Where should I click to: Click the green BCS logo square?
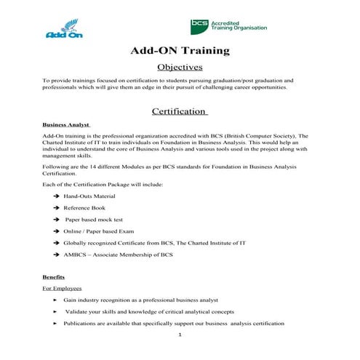pyautogui.click(x=199, y=25)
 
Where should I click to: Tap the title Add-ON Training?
pyautogui.click(x=180, y=51)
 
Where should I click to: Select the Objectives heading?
pyautogui.click(x=180, y=68)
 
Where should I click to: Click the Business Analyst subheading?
pyautogui.click(x=66, y=124)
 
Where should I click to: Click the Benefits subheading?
pyautogui.click(x=55, y=277)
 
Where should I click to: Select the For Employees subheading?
pyautogui.click(x=62, y=289)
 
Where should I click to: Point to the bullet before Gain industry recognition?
pyautogui.click(x=56, y=300)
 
